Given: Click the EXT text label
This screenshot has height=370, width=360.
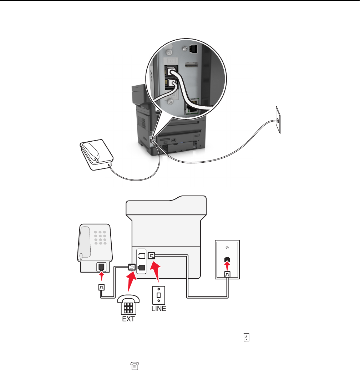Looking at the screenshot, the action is [x=128, y=319].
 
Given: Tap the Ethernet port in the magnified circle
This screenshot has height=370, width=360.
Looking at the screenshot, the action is [x=194, y=106].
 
